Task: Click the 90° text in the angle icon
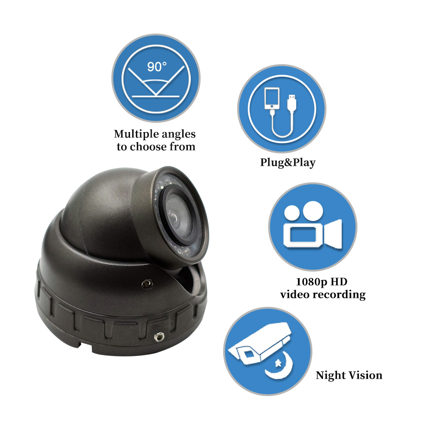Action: pos(157,67)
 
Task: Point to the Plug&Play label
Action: pos(288,163)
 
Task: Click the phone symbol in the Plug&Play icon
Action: pos(272,98)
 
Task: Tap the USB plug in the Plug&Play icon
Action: pos(292,103)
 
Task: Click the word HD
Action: pos(339,282)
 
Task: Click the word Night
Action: pos(331,376)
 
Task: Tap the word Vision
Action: pos(365,375)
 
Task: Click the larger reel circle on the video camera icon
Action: pos(313,211)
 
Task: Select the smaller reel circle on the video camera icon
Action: pos(292,213)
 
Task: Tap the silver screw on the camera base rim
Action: pos(159,337)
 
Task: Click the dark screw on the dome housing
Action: pos(147,284)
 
